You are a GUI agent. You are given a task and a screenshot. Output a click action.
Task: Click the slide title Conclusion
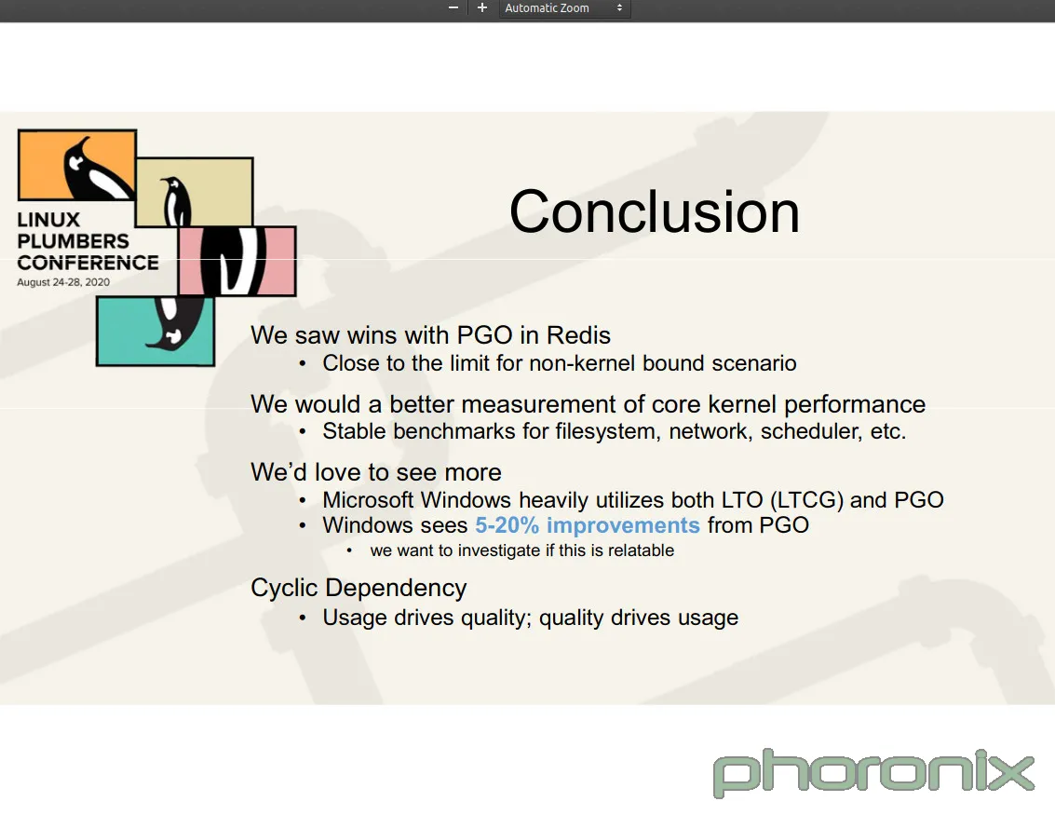click(x=654, y=212)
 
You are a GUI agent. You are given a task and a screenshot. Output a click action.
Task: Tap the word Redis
click(x=578, y=335)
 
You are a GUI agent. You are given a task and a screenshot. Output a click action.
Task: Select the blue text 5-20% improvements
click(x=588, y=525)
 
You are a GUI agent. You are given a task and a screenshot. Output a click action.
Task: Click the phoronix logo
click(x=873, y=773)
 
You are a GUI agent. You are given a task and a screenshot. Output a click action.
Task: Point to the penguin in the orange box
click(x=95, y=169)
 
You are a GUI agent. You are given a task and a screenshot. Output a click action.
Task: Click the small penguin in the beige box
click(x=176, y=201)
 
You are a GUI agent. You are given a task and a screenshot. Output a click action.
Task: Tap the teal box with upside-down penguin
click(x=156, y=332)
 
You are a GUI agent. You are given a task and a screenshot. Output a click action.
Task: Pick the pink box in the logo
click(x=237, y=261)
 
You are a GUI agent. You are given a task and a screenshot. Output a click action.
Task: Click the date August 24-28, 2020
click(x=63, y=282)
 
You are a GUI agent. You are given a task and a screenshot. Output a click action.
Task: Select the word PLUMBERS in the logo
click(x=73, y=241)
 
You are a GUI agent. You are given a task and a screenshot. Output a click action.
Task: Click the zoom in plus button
click(x=481, y=8)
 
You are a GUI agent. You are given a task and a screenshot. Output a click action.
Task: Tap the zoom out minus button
click(x=453, y=8)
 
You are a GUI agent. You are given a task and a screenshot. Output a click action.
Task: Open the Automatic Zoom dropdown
click(x=564, y=8)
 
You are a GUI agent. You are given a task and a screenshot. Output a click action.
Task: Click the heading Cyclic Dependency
click(x=358, y=589)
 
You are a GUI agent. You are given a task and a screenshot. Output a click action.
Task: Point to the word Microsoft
click(x=368, y=500)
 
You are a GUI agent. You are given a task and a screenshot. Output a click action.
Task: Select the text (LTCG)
click(x=806, y=501)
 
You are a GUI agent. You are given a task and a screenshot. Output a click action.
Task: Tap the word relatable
click(x=642, y=550)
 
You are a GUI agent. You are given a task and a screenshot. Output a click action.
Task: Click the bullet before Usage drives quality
click(x=303, y=618)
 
